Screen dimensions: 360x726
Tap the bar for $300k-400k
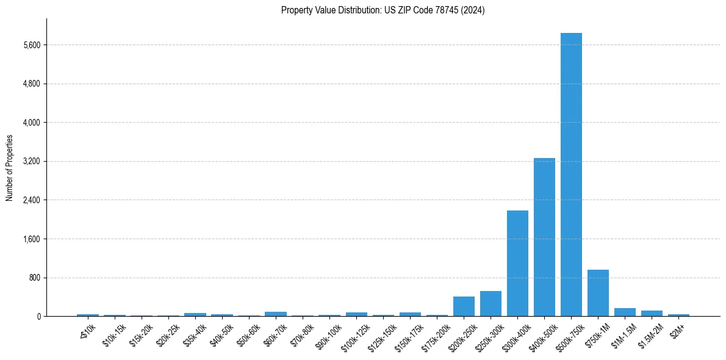517,263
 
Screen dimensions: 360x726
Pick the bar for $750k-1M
598,293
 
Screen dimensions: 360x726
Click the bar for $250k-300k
491,304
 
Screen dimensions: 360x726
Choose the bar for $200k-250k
464,306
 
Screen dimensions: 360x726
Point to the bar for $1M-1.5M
625,312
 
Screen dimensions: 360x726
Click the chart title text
383,10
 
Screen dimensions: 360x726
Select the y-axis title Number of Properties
10,168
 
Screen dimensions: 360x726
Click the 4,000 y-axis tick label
31,123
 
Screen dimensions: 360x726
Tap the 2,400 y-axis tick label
31,200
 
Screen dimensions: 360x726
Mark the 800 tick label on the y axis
35,278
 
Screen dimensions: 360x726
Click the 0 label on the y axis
39,317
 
